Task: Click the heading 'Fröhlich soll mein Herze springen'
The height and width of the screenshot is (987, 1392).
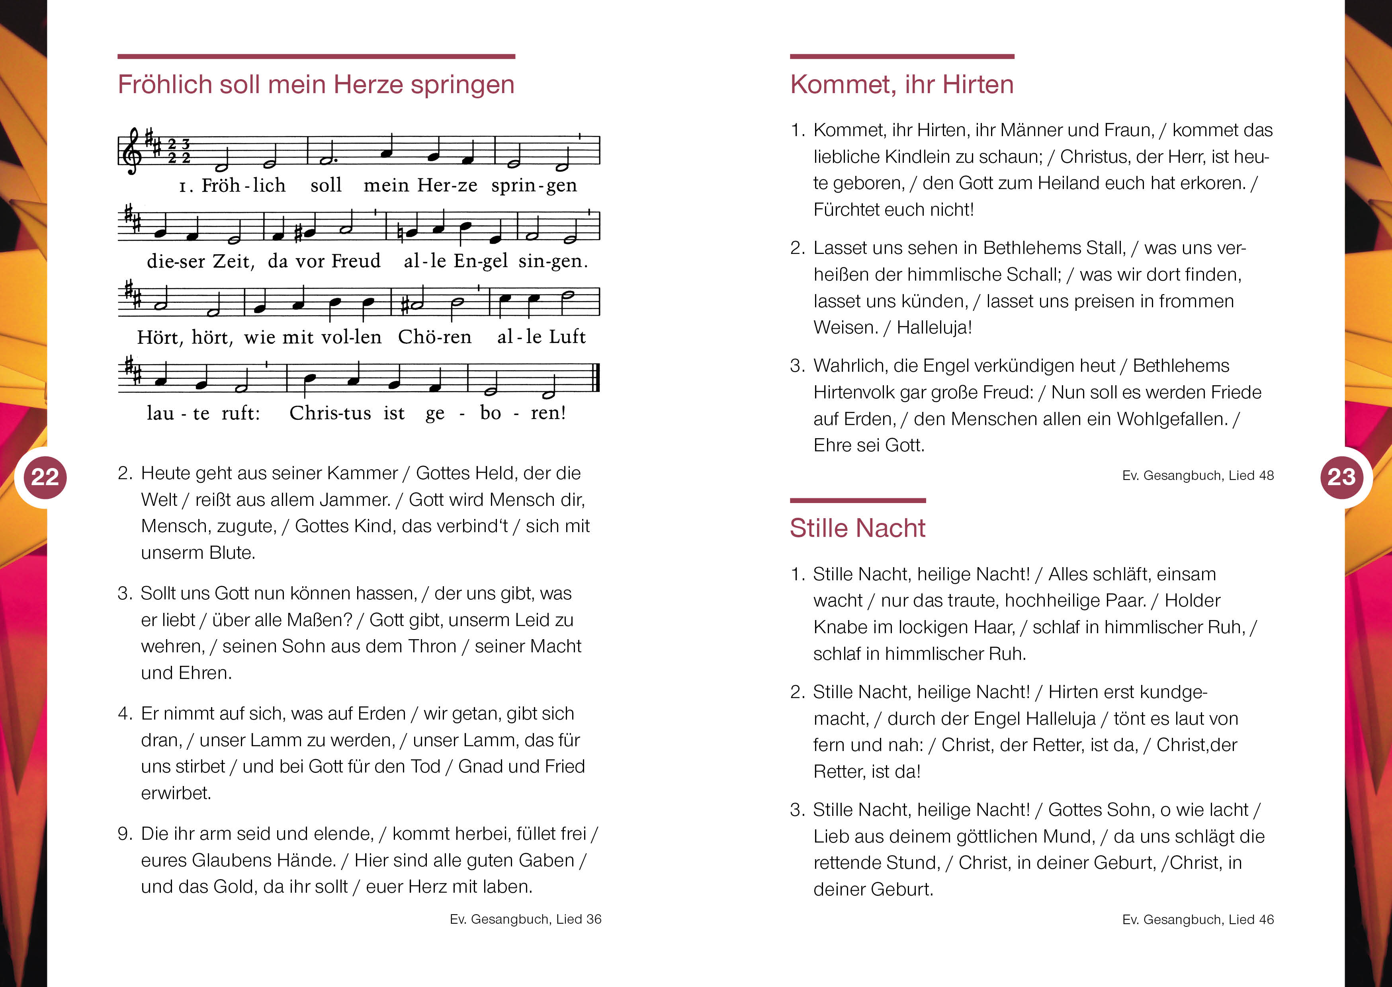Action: click(316, 84)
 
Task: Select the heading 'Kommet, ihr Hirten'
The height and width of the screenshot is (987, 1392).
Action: click(901, 84)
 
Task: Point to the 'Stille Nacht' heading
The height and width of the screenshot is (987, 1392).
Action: click(857, 528)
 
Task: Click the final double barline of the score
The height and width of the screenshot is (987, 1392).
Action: click(596, 378)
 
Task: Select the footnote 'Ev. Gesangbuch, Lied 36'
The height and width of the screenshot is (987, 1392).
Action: click(525, 919)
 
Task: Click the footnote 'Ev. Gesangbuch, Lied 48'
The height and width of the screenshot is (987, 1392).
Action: click(1197, 475)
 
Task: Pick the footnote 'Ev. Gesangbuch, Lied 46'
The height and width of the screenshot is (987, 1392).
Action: click(1197, 919)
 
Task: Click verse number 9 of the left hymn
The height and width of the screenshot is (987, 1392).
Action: click(124, 834)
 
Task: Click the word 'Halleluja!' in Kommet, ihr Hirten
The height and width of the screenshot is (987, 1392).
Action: click(934, 328)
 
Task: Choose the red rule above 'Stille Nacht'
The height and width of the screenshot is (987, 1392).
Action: click(857, 501)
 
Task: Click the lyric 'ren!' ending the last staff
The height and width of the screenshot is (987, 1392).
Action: click(548, 413)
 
